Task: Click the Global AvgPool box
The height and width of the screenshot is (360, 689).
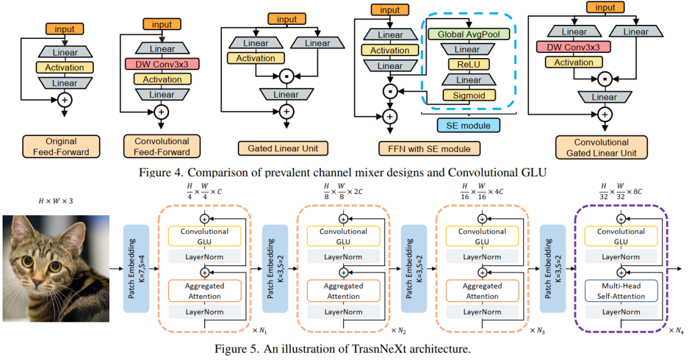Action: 468,34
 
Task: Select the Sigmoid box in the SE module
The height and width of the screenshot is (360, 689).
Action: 468,96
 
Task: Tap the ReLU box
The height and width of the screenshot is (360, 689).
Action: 468,64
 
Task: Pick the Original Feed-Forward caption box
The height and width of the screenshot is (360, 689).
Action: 61,146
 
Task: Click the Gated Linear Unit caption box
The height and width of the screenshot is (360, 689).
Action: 282,149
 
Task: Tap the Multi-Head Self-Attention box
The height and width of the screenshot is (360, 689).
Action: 621,291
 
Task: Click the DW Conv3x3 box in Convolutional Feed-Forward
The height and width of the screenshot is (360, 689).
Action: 162,64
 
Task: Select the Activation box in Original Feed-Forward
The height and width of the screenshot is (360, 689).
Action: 64,68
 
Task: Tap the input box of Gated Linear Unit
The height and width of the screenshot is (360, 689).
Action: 286,19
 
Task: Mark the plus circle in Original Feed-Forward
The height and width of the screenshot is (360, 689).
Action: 64,99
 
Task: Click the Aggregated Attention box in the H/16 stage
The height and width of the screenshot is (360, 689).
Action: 482,291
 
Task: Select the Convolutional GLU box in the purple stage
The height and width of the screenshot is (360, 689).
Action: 621,236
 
